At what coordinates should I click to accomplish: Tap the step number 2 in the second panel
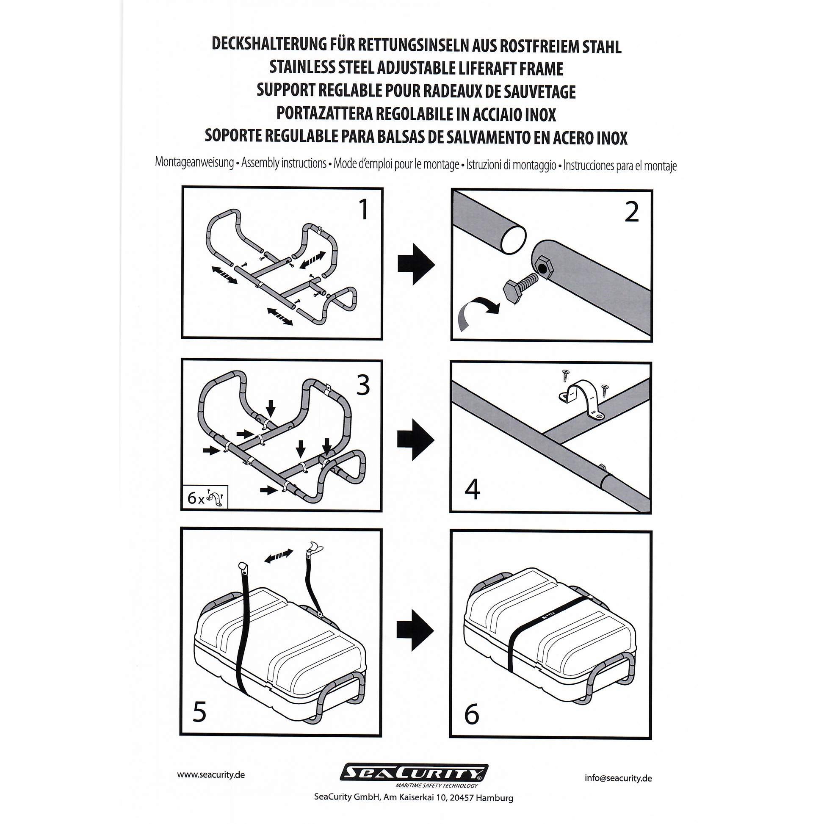pyautogui.click(x=632, y=212)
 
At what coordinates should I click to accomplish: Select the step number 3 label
pyautogui.click(x=363, y=385)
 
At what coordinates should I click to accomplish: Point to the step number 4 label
pyautogui.click(x=472, y=489)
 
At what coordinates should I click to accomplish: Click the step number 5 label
pyautogui.click(x=199, y=712)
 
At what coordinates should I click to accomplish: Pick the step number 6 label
pyautogui.click(x=471, y=714)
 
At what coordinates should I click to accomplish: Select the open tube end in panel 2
pyautogui.click(x=513, y=240)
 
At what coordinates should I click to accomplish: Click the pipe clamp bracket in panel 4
pyautogui.click(x=582, y=400)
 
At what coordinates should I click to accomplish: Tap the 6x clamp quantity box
pyautogui.click(x=205, y=497)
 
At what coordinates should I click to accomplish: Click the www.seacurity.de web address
pyautogui.click(x=211, y=774)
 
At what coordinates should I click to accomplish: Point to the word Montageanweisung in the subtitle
pyautogui.click(x=194, y=162)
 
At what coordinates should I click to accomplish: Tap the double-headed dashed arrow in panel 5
pyautogui.click(x=279, y=556)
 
